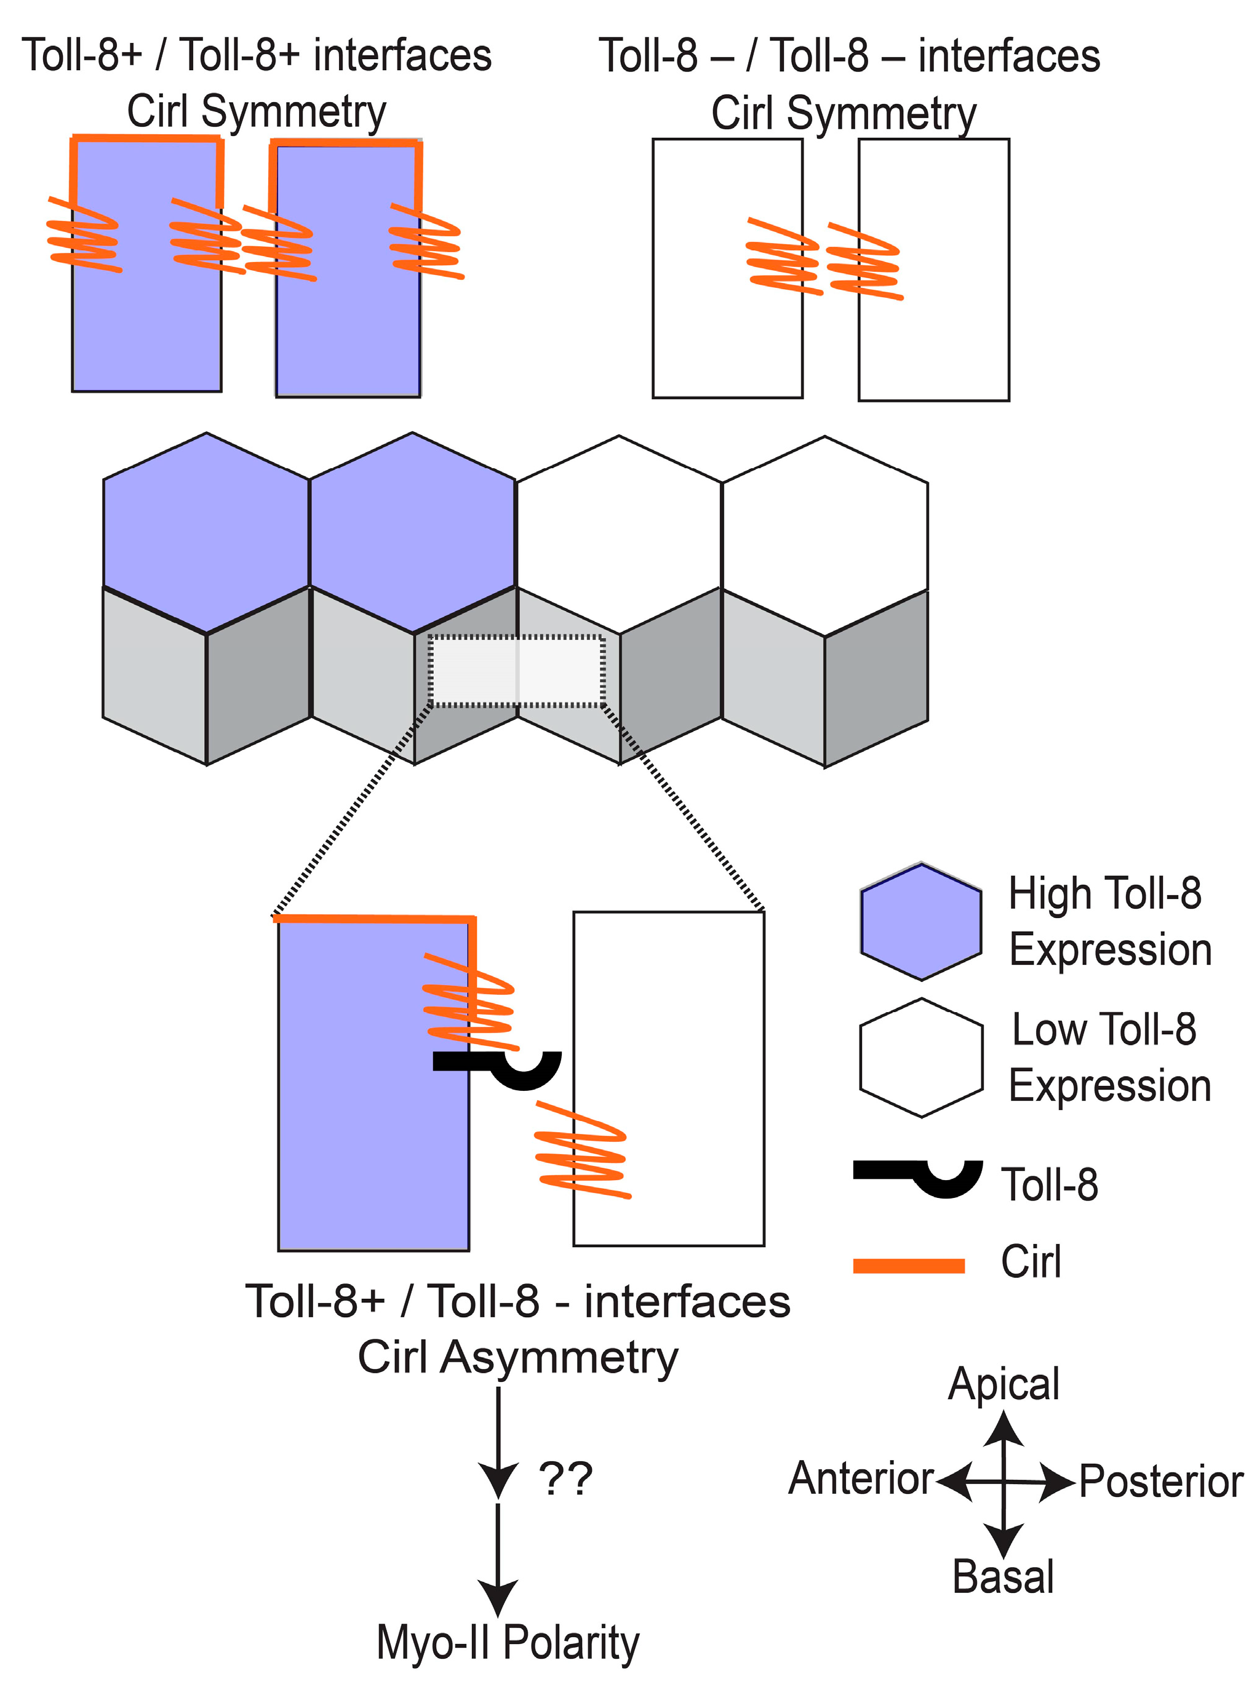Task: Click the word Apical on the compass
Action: coord(1003,1384)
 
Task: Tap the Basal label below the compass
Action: coord(1003,1577)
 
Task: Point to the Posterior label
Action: coord(1160,1481)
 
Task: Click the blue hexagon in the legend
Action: coord(920,921)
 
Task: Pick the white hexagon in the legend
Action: coord(920,1058)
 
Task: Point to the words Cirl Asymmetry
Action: coord(517,1357)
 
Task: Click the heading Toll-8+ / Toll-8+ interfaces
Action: coord(257,55)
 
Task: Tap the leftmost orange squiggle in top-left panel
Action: coord(84,235)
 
